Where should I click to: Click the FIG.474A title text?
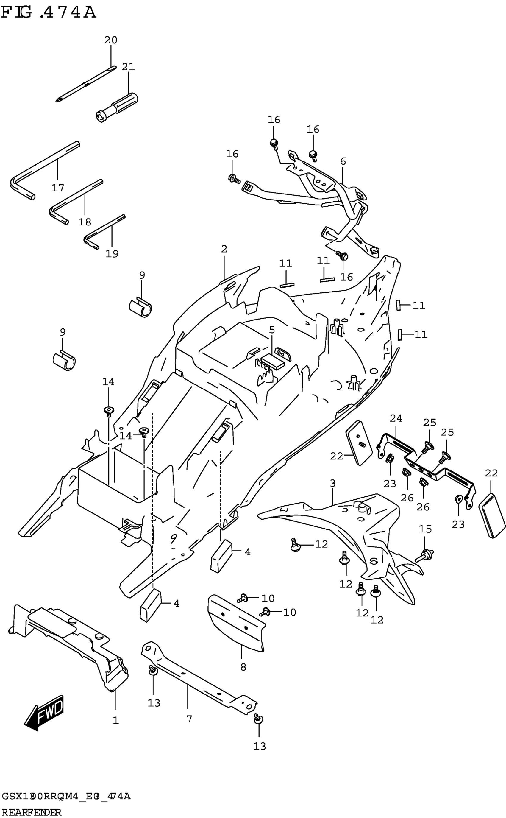point(49,13)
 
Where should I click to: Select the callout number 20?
point(111,40)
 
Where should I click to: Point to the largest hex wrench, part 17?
point(43,171)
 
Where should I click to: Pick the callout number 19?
point(112,254)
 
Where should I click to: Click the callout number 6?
point(343,161)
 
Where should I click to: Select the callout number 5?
point(272,330)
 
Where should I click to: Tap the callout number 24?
point(396,418)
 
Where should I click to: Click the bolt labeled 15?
point(424,555)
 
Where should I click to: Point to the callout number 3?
point(332,483)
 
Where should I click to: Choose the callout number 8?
point(243,667)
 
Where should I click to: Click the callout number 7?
point(189,719)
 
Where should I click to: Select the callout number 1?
point(115,720)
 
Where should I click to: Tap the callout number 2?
point(224,249)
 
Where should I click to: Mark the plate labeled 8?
point(236,623)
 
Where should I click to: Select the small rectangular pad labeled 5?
point(272,361)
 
